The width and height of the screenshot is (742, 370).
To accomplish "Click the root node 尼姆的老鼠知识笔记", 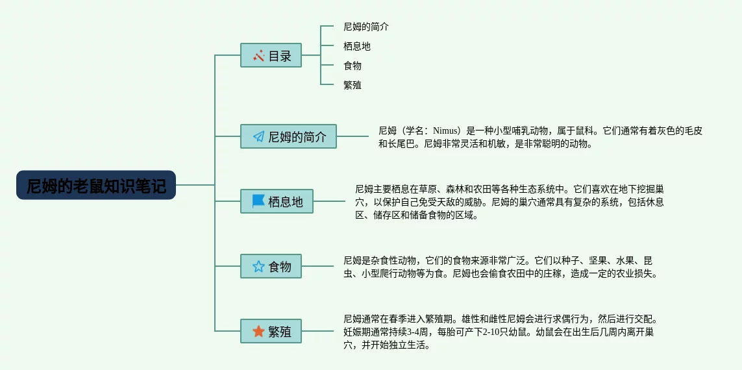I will pos(96,186).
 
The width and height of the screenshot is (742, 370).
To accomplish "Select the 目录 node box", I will pos(271,55).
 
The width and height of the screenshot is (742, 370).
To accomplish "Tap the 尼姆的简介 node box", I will pos(288,136).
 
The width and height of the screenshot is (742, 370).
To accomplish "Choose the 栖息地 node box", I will pos(276,201).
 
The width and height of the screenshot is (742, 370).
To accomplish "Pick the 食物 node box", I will pos(271,266).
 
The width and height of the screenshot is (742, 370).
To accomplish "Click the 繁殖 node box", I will pos(271,331).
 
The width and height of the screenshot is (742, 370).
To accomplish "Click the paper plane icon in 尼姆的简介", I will pos(258,136).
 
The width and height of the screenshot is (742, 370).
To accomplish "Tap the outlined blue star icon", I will pos(258,266).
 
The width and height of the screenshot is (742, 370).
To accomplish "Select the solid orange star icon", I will pos(258,331).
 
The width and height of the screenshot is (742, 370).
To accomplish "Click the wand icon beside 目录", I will pos(258,55).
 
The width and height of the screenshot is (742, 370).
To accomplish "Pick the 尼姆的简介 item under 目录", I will pos(365,27).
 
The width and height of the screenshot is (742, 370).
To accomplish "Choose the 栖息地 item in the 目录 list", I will pos(356,46).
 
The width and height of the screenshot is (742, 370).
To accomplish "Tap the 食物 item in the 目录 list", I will pos(352,66).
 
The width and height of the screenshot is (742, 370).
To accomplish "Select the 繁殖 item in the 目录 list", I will pos(352,85).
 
